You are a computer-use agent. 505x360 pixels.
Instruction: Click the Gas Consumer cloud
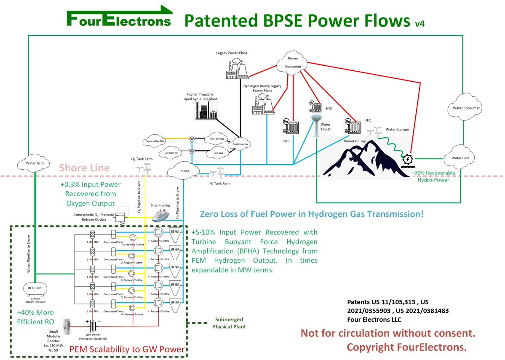point(240,144)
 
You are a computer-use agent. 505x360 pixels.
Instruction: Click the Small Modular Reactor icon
point(66,327)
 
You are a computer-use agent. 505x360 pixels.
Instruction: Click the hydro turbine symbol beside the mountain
point(408,160)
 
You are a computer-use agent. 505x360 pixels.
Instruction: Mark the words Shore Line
point(84,168)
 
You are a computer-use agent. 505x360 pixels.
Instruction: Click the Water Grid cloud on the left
point(35,163)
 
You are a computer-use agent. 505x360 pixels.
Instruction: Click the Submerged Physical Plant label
point(229,323)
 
